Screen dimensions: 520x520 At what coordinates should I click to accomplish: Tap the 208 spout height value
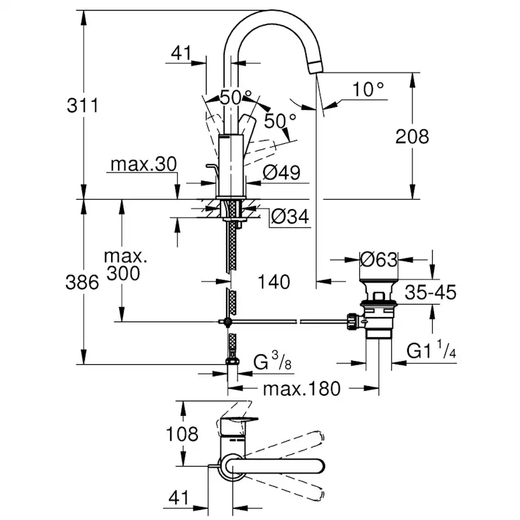[412, 136]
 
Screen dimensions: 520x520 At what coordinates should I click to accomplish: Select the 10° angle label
[368, 90]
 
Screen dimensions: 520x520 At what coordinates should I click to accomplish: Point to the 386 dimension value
[82, 282]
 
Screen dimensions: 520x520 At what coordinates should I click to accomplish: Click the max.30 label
[144, 165]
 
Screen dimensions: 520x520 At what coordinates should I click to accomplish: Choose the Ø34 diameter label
[290, 217]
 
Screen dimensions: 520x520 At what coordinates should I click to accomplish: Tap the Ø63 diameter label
[379, 257]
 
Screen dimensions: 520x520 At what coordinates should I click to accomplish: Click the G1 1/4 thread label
[432, 351]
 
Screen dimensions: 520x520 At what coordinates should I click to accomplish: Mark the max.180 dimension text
[301, 389]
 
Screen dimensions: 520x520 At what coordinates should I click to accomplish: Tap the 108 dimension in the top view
[183, 434]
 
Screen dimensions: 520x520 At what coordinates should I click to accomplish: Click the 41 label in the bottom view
[179, 498]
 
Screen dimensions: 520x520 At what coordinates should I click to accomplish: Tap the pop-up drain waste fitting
[378, 308]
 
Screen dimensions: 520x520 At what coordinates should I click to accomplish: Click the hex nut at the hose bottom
[232, 362]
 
